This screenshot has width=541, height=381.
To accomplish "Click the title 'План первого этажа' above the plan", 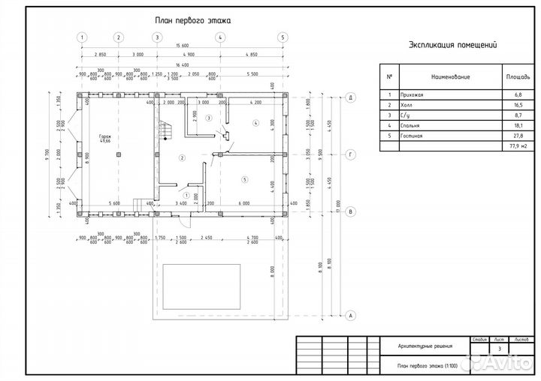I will [192, 21].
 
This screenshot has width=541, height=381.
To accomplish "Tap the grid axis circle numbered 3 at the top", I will [157, 37].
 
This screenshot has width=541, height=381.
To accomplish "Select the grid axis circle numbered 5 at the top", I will [283, 37].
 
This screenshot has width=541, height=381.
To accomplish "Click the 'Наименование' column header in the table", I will [450, 76].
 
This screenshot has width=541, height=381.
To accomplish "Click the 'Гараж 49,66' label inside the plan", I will [104, 139].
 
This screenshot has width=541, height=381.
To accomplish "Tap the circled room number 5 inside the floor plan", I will [245, 181].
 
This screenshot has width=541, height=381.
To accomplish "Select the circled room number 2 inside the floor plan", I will [182, 158].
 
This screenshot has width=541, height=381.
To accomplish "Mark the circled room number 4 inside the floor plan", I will [255, 122].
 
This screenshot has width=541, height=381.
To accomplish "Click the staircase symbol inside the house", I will [167, 130].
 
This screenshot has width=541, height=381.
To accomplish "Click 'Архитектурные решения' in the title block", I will [425, 346].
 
